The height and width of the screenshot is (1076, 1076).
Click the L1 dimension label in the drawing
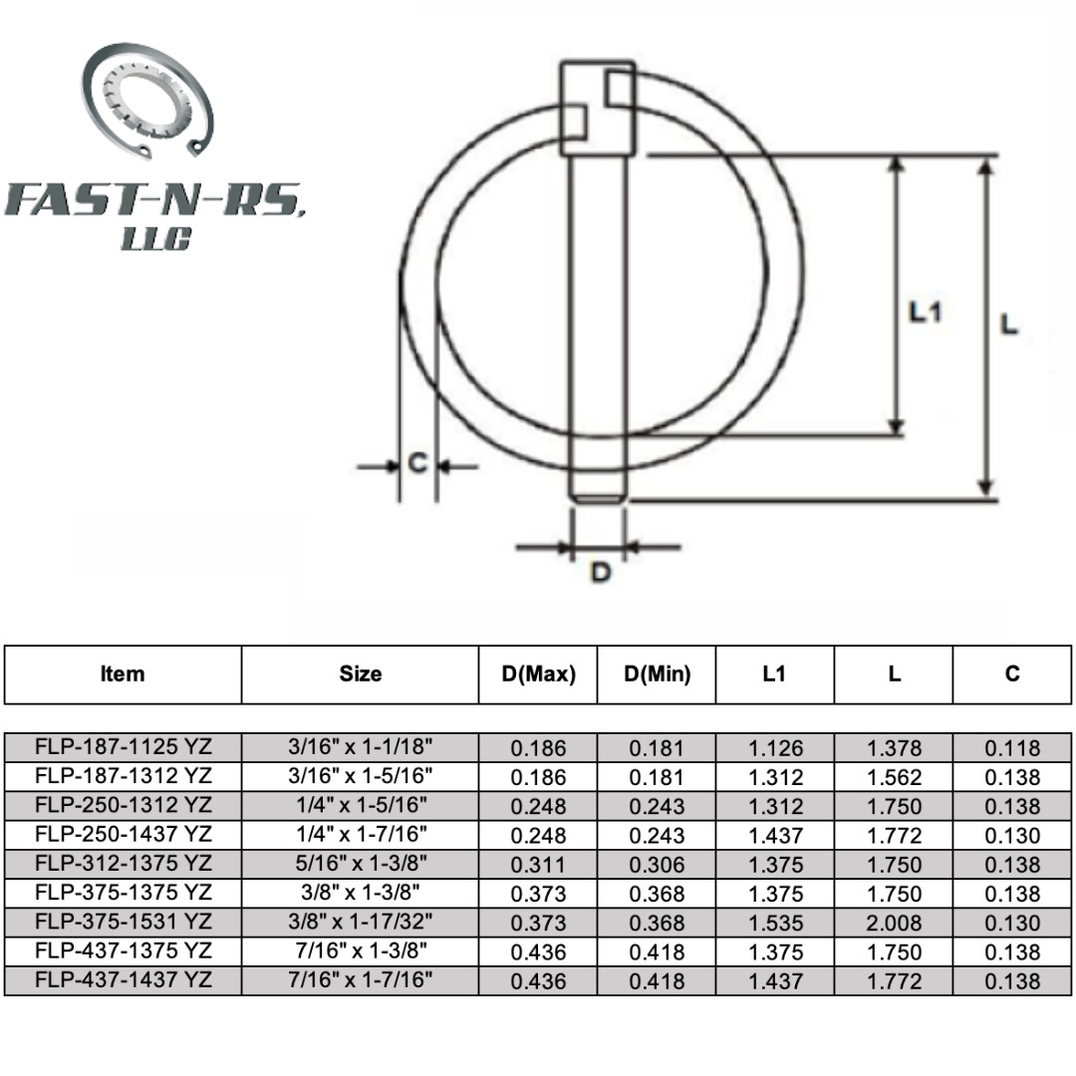(925, 312)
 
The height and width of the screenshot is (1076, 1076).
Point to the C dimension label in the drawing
(418, 463)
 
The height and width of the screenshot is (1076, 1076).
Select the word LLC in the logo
(154, 239)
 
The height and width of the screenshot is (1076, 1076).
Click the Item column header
(123, 674)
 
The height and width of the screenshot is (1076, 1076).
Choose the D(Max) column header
(538, 674)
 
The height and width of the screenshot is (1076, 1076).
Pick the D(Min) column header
(657, 674)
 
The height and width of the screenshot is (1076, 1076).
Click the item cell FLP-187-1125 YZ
(124, 747)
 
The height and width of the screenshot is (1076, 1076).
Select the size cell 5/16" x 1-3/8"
(360, 864)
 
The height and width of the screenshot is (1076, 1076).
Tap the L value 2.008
(894, 923)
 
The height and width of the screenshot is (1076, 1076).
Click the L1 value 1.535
(774, 923)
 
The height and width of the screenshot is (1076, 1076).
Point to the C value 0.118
(1012, 748)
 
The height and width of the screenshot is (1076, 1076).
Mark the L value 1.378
(894, 748)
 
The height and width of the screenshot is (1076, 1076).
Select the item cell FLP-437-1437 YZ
(124, 980)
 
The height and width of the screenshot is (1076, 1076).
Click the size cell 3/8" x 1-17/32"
(360, 923)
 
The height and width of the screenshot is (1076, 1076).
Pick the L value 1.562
(894, 777)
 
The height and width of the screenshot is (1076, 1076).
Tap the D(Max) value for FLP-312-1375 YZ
(538, 865)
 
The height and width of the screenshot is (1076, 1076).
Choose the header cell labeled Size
(360, 674)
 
